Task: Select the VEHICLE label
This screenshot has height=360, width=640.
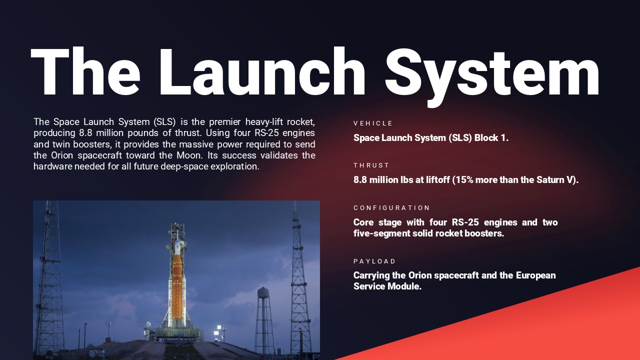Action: [373, 123]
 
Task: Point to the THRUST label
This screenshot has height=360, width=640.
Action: [371, 165]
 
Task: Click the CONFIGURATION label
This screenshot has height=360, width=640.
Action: [391, 208]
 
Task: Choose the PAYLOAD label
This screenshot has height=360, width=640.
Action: [374, 261]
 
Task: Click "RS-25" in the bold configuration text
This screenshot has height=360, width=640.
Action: [464, 222]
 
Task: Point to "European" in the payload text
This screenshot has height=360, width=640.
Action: [535, 275]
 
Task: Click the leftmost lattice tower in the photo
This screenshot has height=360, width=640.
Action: [48, 280]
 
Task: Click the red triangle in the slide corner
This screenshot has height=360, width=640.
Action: [550, 325]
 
